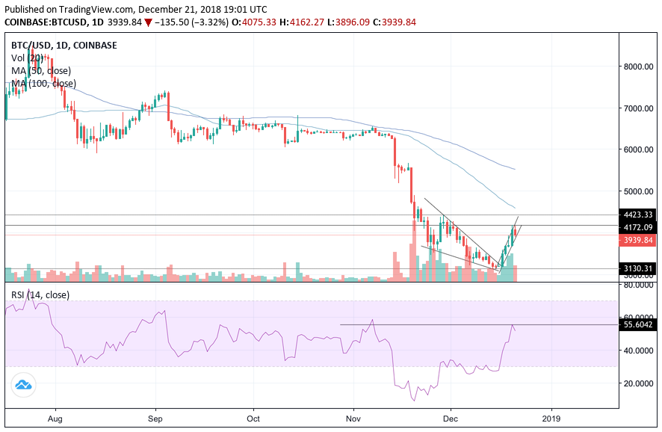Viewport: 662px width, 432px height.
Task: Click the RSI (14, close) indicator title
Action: coord(40,295)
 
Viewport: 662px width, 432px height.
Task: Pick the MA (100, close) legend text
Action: coord(43,83)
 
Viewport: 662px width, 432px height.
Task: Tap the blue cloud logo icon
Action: coord(22,385)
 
